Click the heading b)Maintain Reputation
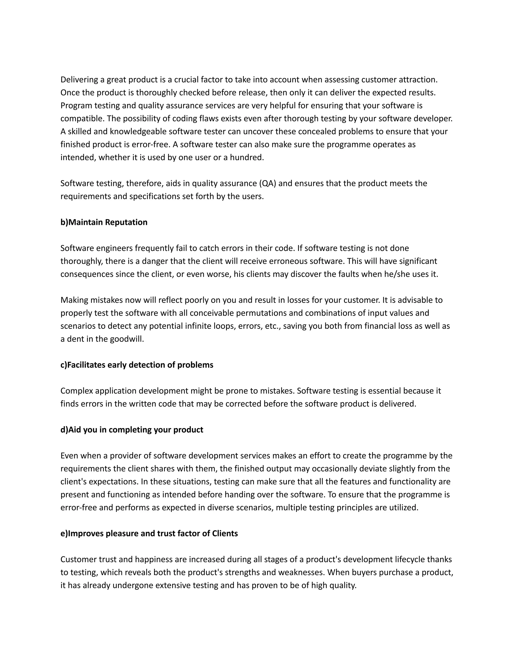[104, 222]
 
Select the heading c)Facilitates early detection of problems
[137, 365]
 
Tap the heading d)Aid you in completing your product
[132, 430]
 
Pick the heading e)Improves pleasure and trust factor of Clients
[149, 534]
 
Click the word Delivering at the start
[79, 80]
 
